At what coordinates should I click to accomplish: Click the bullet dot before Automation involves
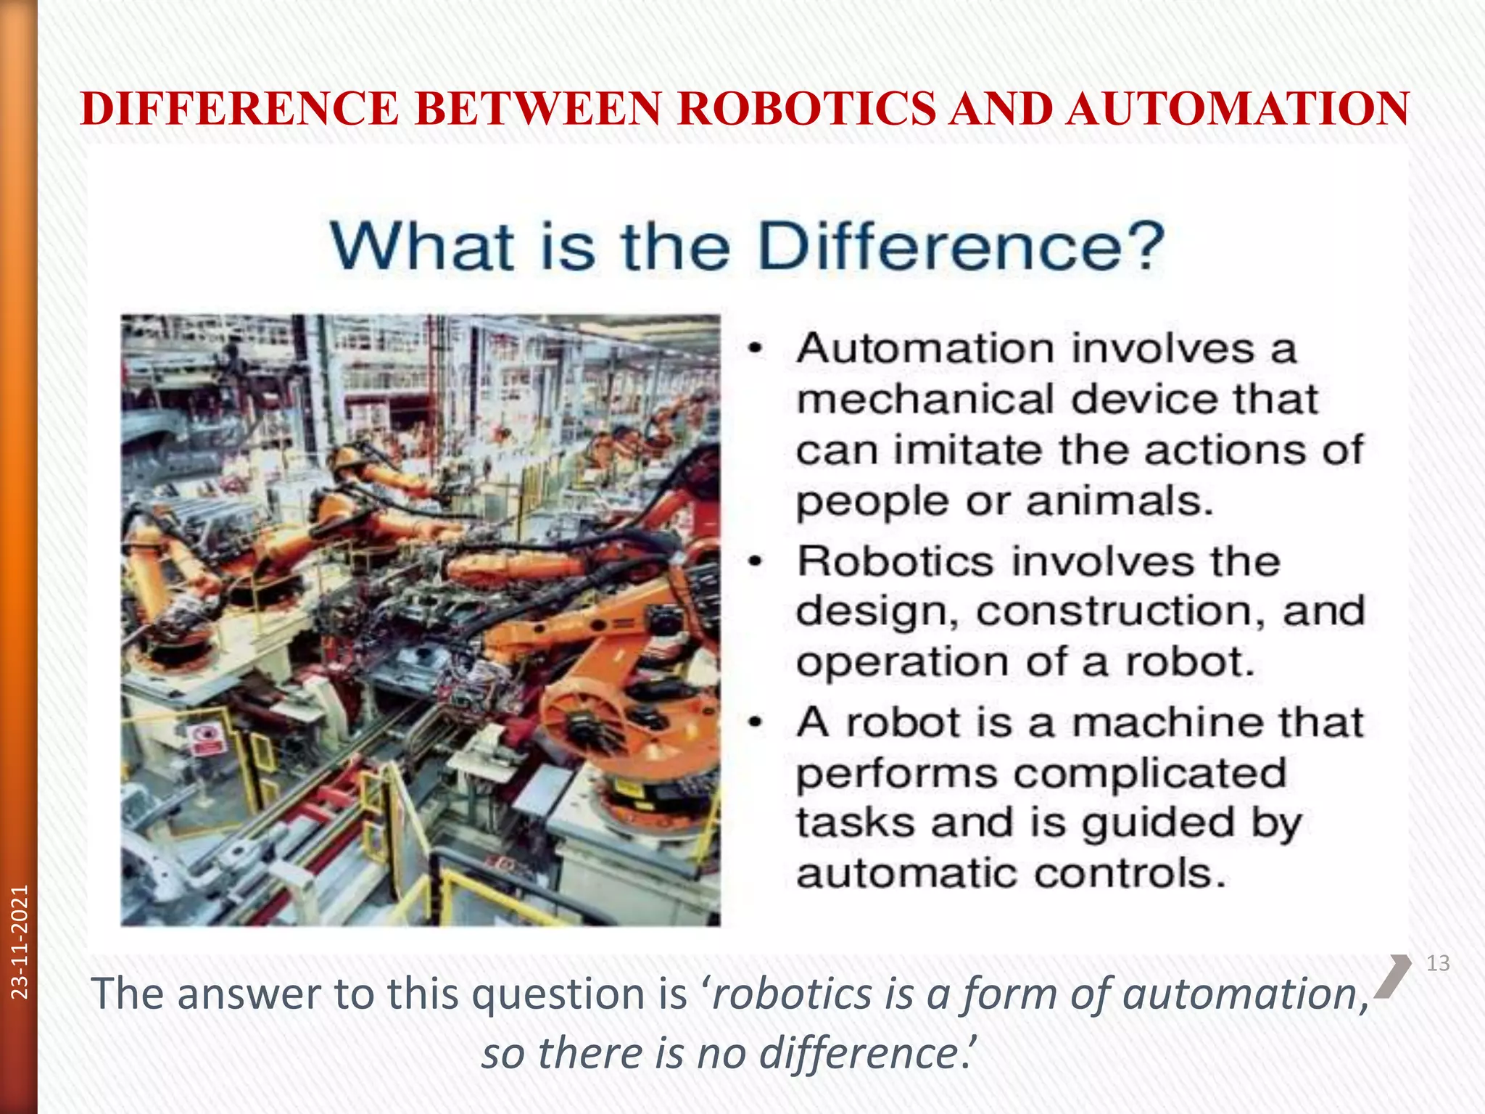756,349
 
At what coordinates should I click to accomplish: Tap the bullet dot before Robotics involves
756,561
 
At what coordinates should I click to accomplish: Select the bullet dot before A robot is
756,722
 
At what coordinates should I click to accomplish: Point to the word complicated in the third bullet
1149,773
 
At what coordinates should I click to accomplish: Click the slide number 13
1438,963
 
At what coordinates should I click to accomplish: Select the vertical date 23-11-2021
20,941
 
